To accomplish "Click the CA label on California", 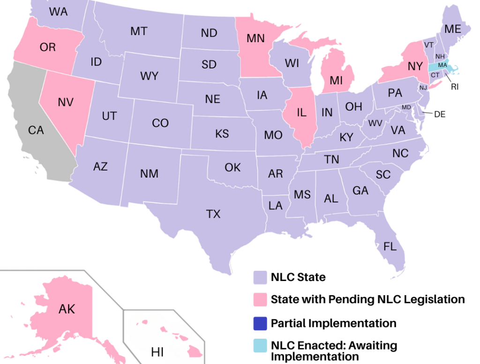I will tap(36, 130).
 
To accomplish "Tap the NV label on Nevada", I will tap(66, 102).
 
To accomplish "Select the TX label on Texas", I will tap(213, 214).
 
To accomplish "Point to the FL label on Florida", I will tap(390, 247).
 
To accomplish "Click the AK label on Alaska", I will tap(67, 309).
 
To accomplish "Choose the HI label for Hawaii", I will tap(157, 352).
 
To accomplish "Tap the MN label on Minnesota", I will tap(256, 38).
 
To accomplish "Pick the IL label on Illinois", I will tap(302, 112).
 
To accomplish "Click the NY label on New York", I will tap(415, 67).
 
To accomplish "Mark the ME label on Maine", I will tap(453, 29).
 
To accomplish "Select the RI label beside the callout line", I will tap(454, 87).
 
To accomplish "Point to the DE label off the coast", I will tap(440, 114).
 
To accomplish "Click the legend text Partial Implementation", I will tap(333, 323).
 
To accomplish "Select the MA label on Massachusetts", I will tap(442, 65).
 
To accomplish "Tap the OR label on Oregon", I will tap(48, 47).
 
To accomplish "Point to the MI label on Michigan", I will tap(336, 81).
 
